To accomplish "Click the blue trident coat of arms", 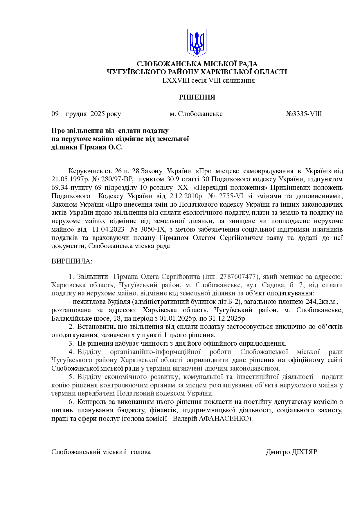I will click(x=197, y=43).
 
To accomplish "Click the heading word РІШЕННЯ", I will click(x=197, y=97).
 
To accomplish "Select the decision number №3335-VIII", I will click(x=304, y=114).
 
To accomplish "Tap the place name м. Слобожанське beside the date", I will click(x=196, y=114).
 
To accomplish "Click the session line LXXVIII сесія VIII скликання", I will click(x=208, y=80).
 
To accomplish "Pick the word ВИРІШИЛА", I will click(x=71, y=261).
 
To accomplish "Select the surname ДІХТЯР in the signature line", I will click(x=304, y=452).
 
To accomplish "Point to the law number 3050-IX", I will click(x=152, y=229).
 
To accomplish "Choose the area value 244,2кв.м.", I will click(x=322, y=302).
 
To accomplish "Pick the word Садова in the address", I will click(x=272, y=285).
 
